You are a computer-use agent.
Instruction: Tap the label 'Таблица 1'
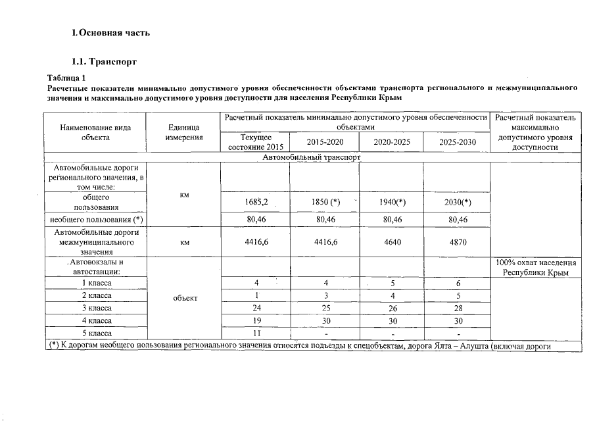67,78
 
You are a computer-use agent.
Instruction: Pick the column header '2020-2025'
391,142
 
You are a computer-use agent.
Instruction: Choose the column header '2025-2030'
458,142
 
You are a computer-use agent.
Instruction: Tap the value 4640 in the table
391,242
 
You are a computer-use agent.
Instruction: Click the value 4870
458,242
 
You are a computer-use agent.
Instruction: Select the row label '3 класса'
96,308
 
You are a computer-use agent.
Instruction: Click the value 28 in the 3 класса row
458,308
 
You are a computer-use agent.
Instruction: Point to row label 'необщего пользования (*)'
96,219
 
